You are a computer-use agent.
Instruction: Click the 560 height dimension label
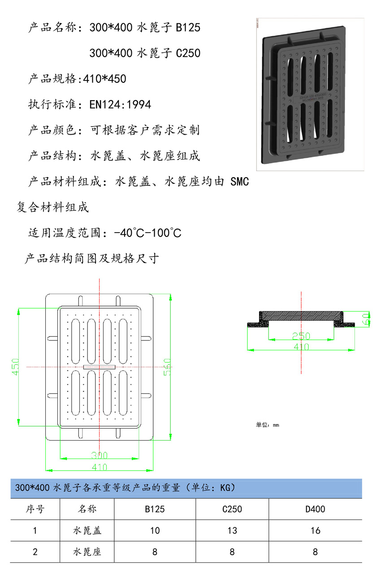pyautogui.click(x=167, y=367)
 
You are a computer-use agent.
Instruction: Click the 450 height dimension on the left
pyautogui.click(x=16, y=367)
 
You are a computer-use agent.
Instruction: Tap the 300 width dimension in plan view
pyautogui.click(x=99, y=455)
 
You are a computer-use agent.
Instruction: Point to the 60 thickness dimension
pyautogui.click(x=366, y=319)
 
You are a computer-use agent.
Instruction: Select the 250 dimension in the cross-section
pyautogui.click(x=301, y=336)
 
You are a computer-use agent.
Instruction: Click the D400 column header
pyautogui.click(x=315, y=509)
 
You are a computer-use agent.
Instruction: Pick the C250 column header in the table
pyautogui.click(x=232, y=509)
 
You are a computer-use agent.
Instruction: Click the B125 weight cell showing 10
pyautogui.click(x=155, y=531)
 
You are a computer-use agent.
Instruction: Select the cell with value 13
pyautogui.click(x=232, y=531)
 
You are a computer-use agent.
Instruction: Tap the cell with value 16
pyautogui.click(x=315, y=531)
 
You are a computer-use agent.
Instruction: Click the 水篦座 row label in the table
pyautogui.click(x=87, y=552)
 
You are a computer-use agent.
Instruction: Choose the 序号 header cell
pyautogui.click(x=35, y=509)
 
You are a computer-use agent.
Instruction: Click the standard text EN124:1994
pyautogui.click(x=120, y=104)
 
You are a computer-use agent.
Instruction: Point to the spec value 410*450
pyautogui.click(x=104, y=79)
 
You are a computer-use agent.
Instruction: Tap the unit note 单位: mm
pyautogui.click(x=268, y=425)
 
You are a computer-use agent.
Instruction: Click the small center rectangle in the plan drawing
pyautogui.click(x=99, y=367)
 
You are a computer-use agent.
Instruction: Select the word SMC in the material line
pyautogui.click(x=239, y=181)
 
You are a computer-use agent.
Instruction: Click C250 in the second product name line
pyautogui.click(x=188, y=53)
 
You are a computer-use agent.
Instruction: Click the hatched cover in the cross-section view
pyautogui.click(x=301, y=316)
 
